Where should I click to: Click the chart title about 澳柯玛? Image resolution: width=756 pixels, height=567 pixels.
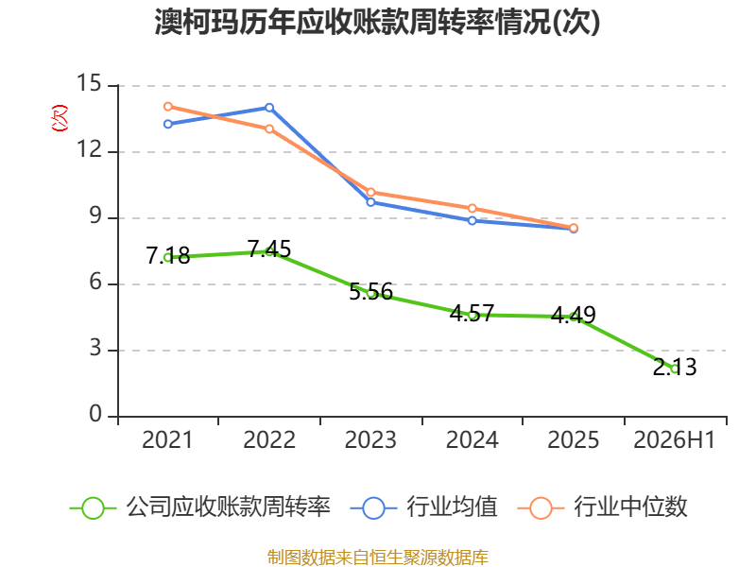coord(377,22)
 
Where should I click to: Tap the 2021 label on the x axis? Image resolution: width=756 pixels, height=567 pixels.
coord(167,439)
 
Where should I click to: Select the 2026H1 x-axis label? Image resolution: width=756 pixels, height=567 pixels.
coord(675,439)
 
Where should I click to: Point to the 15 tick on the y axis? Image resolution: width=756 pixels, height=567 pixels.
coord(89,83)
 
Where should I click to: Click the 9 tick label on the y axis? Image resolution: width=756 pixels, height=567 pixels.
coord(95,215)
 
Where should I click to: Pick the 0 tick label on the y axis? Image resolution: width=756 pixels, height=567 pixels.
coord(95,414)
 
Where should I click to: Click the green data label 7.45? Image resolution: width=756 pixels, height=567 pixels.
coord(269,249)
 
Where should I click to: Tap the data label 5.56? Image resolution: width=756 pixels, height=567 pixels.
coord(370,292)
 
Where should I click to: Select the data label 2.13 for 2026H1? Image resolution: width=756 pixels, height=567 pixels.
coord(675,367)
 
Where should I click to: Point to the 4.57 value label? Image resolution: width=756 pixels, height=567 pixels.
coord(472,314)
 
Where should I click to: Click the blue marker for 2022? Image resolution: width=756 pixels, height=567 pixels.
coord(269,108)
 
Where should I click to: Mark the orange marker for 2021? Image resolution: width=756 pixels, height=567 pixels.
coord(168,107)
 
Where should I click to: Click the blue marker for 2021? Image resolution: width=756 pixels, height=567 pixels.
coord(168,125)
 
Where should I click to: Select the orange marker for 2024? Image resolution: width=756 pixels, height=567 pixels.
coord(472,208)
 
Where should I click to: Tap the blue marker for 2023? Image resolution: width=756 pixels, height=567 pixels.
coord(370,202)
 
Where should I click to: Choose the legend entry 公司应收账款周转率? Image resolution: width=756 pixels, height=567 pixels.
coord(200,507)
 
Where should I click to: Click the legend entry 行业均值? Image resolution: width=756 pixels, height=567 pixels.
coord(423,507)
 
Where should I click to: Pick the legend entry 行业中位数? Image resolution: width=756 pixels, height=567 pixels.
coord(602,507)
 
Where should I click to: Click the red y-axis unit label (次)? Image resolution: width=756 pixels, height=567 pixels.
coord(60,118)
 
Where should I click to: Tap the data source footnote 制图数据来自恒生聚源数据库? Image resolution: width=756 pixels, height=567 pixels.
coord(378,558)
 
